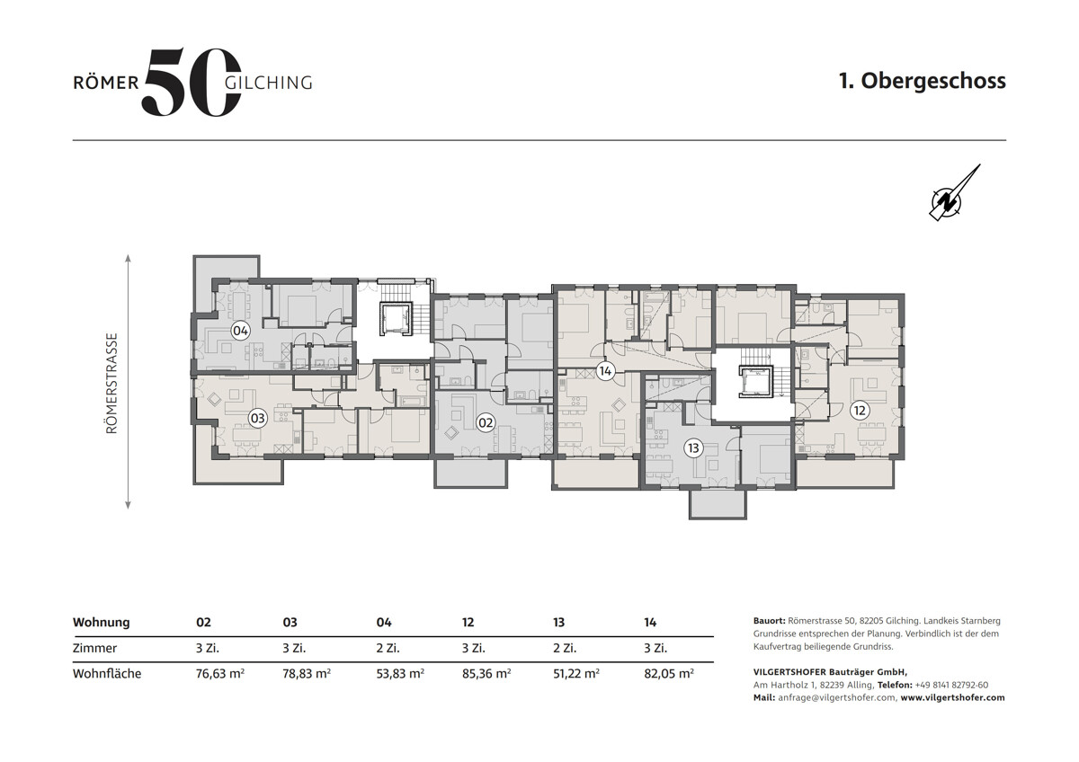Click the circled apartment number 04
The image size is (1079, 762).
(x=240, y=332)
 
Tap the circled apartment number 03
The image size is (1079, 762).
(x=258, y=418)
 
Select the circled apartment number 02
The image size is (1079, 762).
(x=486, y=422)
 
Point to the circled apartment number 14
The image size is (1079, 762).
(x=605, y=371)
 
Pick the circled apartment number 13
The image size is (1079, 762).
(x=693, y=448)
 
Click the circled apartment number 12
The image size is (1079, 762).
(x=860, y=411)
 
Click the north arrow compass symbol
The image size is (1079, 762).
(x=954, y=193)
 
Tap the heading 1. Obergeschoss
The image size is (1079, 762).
(x=923, y=81)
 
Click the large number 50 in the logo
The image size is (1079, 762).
(x=192, y=82)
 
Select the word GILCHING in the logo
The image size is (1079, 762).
(x=269, y=83)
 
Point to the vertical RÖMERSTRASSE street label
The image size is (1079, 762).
(x=111, y=384)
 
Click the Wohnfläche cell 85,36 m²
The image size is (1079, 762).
(x=486, y=673)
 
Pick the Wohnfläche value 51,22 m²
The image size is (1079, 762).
(x=576, y=673)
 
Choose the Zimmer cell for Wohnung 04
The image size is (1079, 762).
(x=388, y=648)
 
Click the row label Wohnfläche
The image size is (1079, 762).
(x=107, y=673)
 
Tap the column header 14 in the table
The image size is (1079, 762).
(x=650, y=623)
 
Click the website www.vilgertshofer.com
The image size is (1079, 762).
(x=953, y=697)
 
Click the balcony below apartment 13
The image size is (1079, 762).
(x=718, y=504)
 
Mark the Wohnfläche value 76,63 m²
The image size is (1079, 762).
(x=220, y=673)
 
